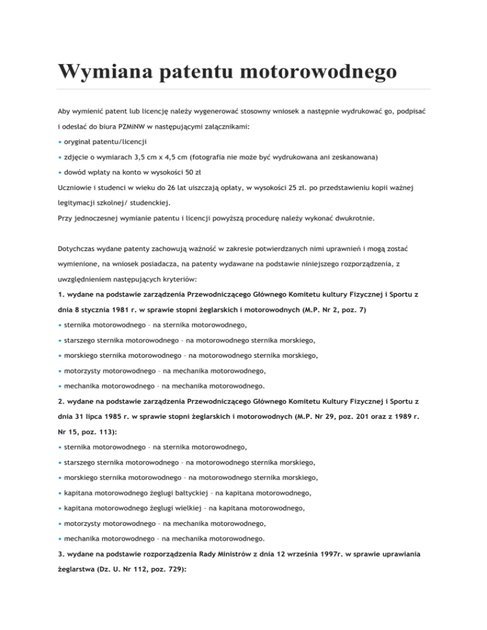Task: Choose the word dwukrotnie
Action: pyautogui.click(x=350, y=219)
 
